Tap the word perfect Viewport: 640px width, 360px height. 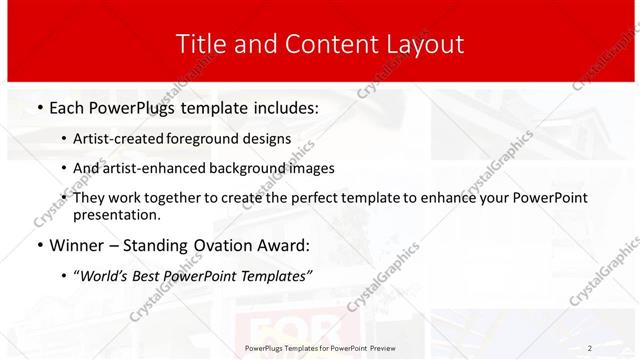328,198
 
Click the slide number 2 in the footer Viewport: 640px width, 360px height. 590,347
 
